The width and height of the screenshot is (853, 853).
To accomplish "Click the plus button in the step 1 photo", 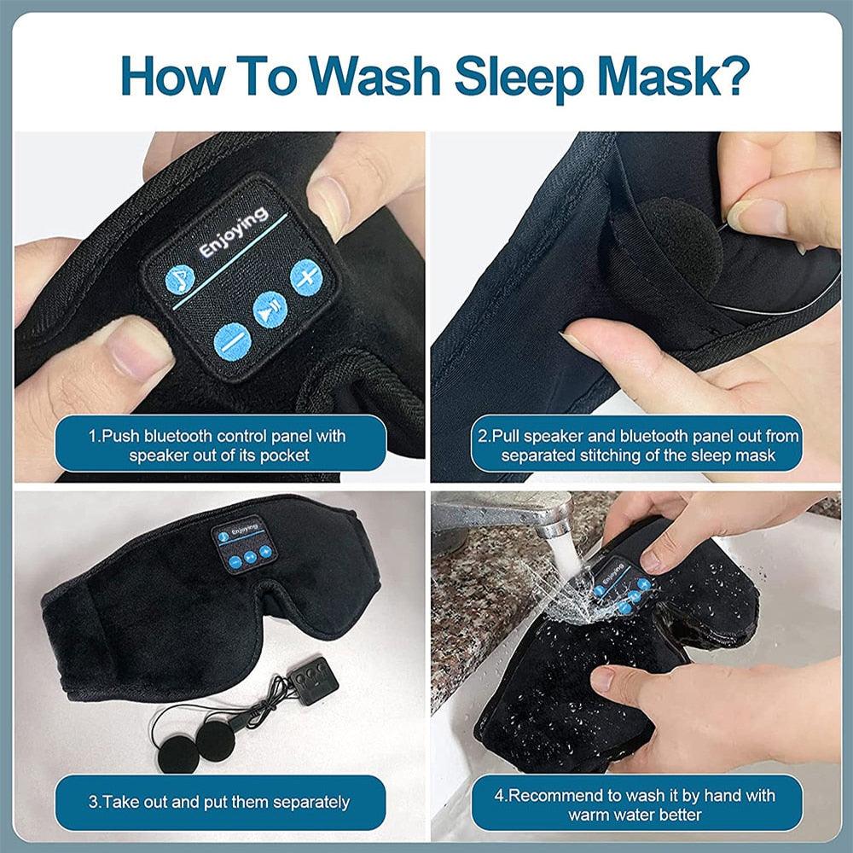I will coord(305,276).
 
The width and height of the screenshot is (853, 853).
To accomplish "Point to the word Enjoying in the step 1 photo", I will coord(233,232).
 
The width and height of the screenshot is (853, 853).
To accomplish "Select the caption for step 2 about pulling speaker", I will coord(638,445).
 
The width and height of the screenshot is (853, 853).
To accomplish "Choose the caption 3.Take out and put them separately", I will coord(219,802).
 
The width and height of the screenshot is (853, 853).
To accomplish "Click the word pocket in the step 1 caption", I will coord(284,456).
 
